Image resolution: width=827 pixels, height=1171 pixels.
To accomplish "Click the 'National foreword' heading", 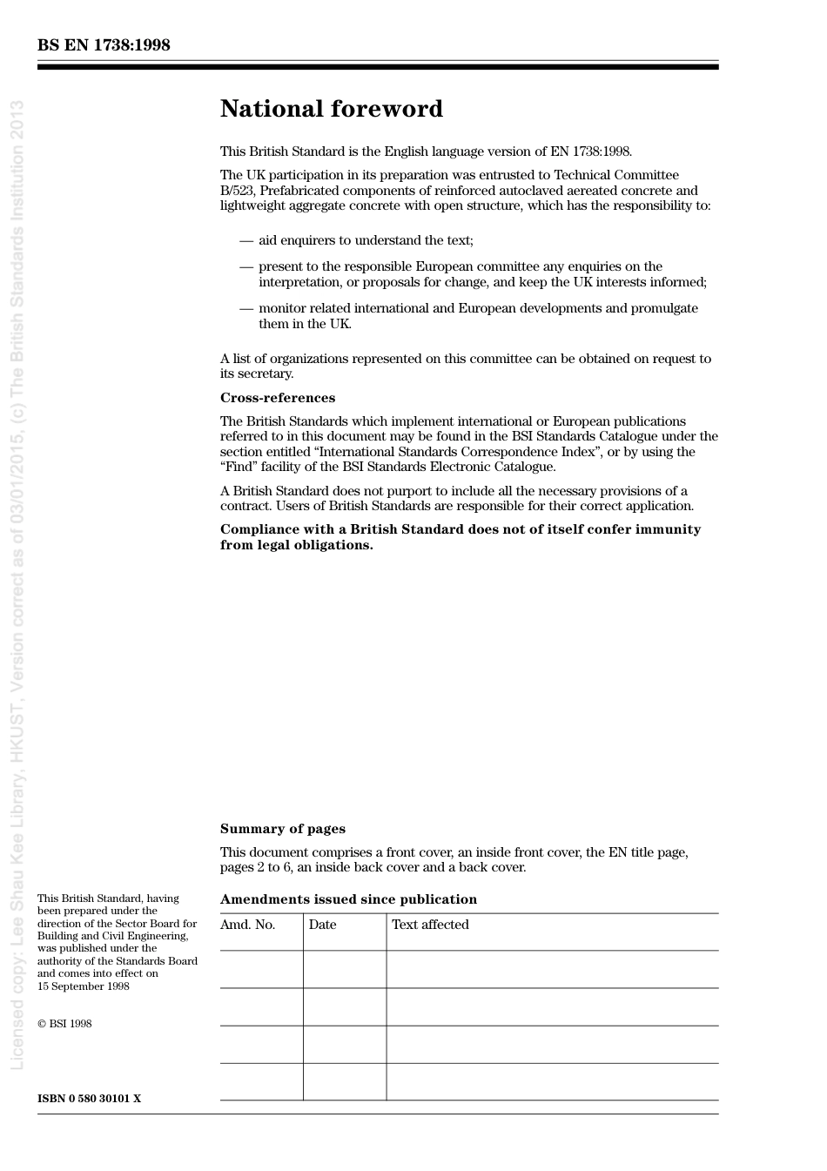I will [331, 109].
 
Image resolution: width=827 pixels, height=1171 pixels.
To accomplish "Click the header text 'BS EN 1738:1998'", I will [104, 45].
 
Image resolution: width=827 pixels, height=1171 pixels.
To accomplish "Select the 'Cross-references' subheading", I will [277, 398].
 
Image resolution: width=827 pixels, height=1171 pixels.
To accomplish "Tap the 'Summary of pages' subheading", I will [282, 829].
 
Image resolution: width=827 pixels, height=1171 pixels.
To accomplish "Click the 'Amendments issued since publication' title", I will [348, 899].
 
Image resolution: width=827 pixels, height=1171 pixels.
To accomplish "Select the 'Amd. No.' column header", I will [247, 925].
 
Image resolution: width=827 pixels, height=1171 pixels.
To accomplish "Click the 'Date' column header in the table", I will [322, 925].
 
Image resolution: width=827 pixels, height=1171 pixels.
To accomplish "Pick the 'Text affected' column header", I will [430, 925].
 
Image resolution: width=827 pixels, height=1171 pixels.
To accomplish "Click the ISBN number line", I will [89, 1099].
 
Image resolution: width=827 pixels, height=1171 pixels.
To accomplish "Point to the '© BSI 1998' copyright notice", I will [64, 1024].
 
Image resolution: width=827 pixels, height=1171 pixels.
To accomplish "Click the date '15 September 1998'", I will [83, 986].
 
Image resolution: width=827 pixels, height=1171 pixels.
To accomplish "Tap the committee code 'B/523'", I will [237, 191].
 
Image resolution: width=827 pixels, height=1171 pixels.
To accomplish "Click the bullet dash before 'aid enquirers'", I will [246, 240].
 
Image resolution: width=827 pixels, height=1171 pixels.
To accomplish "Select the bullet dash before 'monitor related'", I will [246, 308].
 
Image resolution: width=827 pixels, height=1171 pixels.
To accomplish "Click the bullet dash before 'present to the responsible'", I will [246, 266].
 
